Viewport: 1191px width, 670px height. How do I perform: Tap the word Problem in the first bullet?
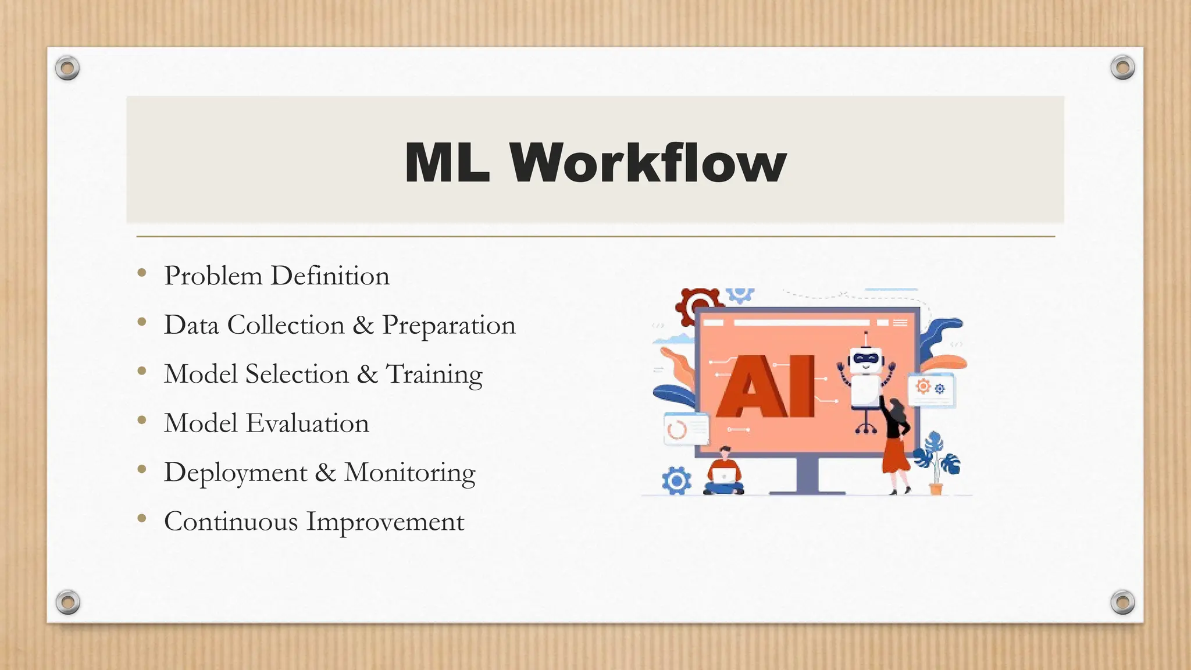click(x=213, y=276)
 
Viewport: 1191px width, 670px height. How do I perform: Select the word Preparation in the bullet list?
click(x=448, y=326)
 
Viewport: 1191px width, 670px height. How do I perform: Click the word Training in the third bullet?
click(x=434, y=375)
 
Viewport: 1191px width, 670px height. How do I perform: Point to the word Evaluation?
click(x=307, y=423)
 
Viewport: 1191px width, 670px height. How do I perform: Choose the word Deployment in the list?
click(x=236, y=473)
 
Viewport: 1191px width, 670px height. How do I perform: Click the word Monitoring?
click(x=409, y=473)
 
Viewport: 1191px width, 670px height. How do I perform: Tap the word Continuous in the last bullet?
click(x=231, y=522)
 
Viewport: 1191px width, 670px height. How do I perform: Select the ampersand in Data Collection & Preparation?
click(x=363, y=325)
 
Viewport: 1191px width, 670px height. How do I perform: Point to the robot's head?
click(x=866, y=361)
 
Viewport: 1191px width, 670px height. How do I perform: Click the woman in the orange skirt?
click(x=896, y=445)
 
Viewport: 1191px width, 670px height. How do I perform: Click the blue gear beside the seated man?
click(x=676, y=480)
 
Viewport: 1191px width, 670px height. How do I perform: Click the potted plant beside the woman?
click(x=937, y=462)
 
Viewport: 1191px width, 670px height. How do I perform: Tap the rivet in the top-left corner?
click(x=67, y=68)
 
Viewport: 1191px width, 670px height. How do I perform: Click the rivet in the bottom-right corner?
click(x=1122, y=601)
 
